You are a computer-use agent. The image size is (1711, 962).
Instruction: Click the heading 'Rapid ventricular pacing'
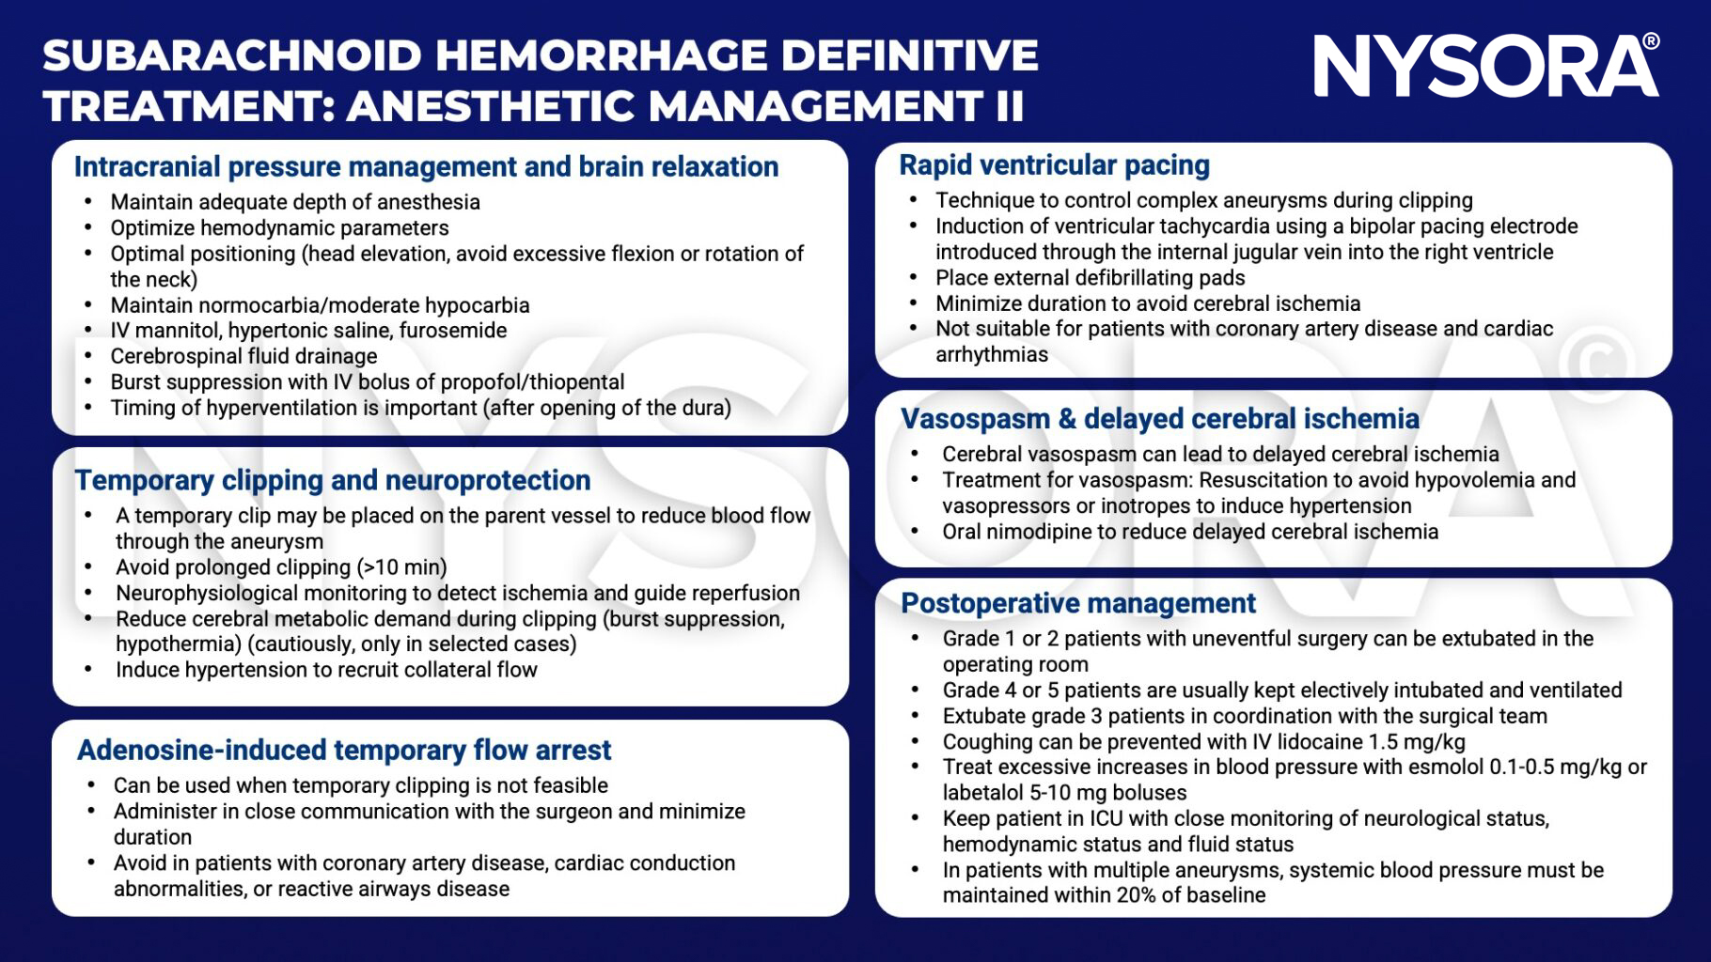[x=1054, y=164]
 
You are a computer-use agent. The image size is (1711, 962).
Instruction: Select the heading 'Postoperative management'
[x=1077, y=603]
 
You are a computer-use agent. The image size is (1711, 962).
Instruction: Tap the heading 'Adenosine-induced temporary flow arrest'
[x=344, y=750]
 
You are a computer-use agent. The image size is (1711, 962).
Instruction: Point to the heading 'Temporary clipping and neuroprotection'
[x=333, y=480]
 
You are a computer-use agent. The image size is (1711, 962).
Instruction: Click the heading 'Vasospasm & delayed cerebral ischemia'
[x=1159, y=419]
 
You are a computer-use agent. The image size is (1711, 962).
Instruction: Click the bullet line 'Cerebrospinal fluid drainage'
[x=243, y=356]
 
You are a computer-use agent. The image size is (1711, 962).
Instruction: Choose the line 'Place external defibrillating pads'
[x=1090, y=278]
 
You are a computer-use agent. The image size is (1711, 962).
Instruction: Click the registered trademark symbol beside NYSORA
[x=1651, y=41]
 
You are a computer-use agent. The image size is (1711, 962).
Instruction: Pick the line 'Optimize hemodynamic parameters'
[x=279, y=228]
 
